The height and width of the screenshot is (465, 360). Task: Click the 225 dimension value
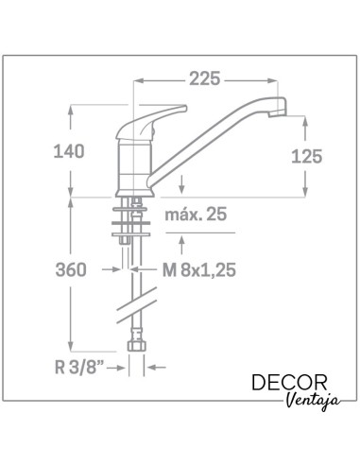(x=204, y=78)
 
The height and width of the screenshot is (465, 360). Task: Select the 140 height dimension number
(x=69, y=151)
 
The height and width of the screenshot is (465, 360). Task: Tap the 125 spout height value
(x=306, y=156)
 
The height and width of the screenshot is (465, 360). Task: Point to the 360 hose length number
(x=71, y=270)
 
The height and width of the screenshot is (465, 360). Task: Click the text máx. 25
(x=196, y=215)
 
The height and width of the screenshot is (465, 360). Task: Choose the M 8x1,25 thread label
(x=199, y=270)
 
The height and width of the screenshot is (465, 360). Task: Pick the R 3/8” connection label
(x=79, y=367)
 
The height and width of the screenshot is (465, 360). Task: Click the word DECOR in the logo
(x=289, y=383)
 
